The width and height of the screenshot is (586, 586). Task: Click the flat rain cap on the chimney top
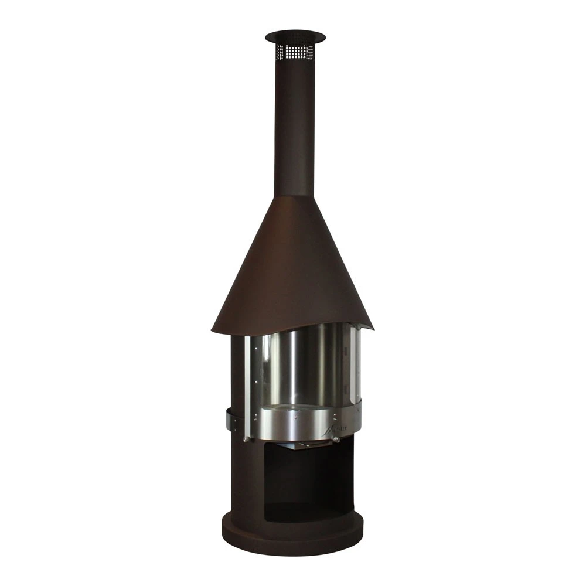tap(295, 37)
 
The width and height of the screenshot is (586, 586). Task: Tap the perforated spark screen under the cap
tap(295, 52)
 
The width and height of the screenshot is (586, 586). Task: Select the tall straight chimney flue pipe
tap(294, 129)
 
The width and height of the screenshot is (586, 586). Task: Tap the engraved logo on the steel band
tap(338, 428)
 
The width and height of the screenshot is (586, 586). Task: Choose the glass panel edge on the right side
tap(354, 363)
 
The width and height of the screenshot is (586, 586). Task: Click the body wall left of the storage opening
tap(243, 486)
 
